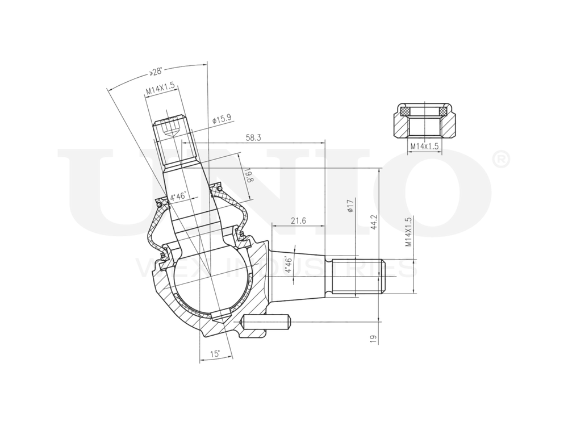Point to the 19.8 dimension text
(248, 174)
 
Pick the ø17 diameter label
(350, 206)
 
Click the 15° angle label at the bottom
(215, 354)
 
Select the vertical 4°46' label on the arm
(289, 265)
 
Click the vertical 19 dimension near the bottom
(373, 338)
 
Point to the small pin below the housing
(267, 322)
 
